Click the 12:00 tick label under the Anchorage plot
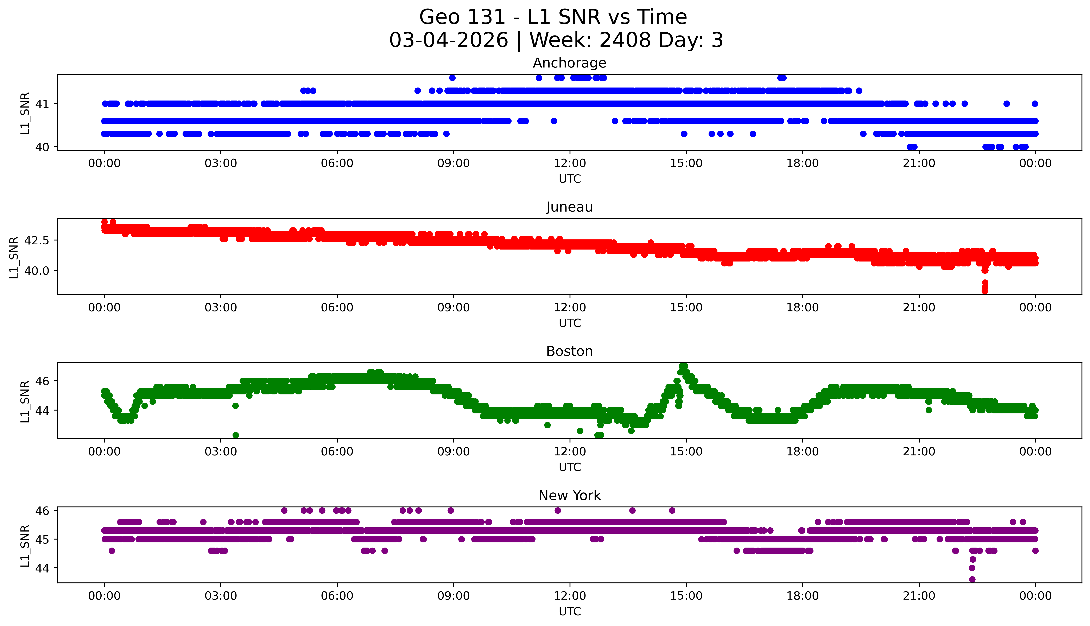570,163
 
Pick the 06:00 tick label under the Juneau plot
337,307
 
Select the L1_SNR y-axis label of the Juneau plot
14,257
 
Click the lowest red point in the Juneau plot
985,291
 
